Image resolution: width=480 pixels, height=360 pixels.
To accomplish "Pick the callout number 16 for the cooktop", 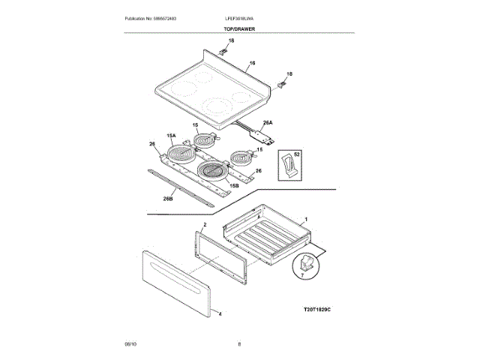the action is tap(253, 63).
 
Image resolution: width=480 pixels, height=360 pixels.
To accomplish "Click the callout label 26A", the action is tap(267, 123).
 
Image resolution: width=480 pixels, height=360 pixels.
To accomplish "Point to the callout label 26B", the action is tap(168, 199).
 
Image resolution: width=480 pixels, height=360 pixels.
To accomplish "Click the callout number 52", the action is tap(297, 154).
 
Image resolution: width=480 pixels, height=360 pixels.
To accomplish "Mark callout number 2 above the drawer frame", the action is tap(205, 225).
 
